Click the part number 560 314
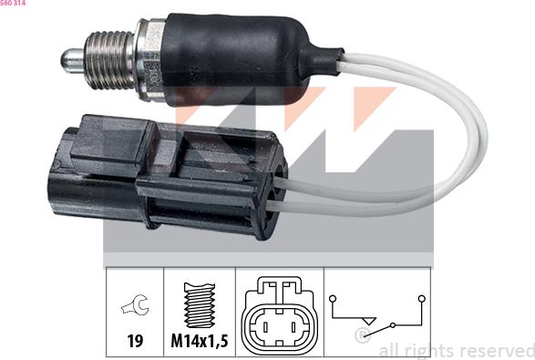pyautogui.click(x=14, y=5)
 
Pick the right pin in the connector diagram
pyautogui.click(x=293, y=324)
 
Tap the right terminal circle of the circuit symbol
pyautogui.click(x=421, y=297)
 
